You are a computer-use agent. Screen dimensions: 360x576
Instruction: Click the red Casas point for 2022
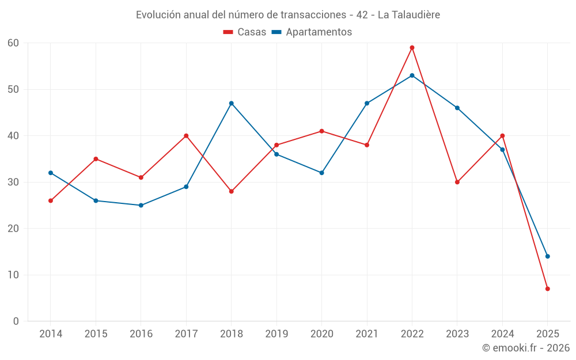[412, 48]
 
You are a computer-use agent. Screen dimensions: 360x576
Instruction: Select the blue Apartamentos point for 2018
[232, 103]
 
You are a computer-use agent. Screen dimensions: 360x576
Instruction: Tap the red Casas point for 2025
[548, 289]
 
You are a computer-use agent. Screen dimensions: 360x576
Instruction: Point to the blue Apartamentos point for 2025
[548, 256]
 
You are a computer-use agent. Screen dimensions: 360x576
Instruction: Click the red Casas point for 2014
[51, 200]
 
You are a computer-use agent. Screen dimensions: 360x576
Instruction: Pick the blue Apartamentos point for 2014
[51, 173]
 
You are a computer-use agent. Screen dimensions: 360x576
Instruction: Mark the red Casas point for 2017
[186, 136]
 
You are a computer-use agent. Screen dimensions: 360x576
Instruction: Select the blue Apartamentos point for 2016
[141, 205]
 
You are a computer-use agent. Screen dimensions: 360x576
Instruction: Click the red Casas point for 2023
[457, 182]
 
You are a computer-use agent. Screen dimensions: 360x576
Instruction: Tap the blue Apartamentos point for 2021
[367, 103]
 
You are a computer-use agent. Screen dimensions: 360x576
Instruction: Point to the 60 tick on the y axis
[13, 43]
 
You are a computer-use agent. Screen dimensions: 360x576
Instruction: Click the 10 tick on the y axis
[13, 275]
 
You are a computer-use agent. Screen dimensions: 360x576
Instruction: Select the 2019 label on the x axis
[276, 334]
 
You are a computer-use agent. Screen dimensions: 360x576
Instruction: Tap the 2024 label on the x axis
[502, 334]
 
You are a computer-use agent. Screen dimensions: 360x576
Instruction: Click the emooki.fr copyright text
[526, 348]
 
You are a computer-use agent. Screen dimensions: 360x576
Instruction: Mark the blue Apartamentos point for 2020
[321, 173]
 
